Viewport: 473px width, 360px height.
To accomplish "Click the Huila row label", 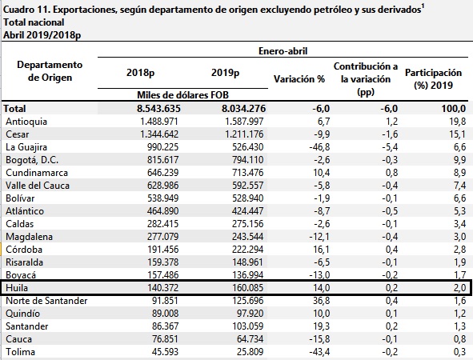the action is coord(17,288).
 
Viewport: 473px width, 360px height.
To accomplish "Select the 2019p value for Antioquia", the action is coord(244,122).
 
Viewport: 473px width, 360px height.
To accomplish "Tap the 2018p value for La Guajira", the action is coord(163,147).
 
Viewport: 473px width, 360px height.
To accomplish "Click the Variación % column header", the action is coord(299,79).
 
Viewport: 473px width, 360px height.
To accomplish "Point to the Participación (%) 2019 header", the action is coord(433,79).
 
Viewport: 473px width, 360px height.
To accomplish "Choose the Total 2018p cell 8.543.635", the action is coord(158,109).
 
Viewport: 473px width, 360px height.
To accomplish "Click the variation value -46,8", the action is coord(319,147).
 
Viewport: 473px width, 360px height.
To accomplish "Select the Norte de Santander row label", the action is coord(46,301).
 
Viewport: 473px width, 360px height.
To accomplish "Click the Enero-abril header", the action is coord(283,51).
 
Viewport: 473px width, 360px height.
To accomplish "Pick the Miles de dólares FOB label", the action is coord(182,95).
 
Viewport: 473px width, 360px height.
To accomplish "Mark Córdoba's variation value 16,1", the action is coord(322,250).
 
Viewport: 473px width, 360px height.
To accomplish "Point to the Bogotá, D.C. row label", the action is coord(32,160).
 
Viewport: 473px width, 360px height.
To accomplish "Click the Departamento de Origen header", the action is coord(50,71).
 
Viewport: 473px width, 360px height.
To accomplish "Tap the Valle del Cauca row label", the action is coord(38,186).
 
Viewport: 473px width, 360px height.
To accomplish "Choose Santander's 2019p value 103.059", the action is coord(247,326).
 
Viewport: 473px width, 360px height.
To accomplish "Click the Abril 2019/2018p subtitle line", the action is coord(42,35).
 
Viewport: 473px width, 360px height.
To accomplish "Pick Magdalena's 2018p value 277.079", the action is coord(163,237).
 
